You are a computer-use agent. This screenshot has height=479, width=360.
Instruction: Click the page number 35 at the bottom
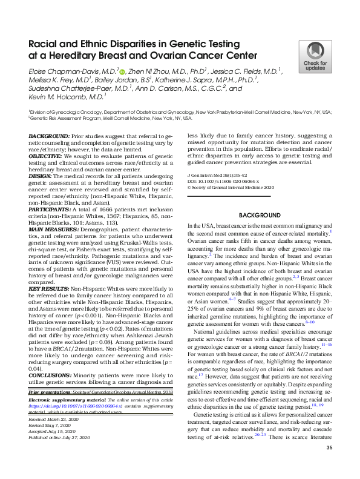click(329, 464)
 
